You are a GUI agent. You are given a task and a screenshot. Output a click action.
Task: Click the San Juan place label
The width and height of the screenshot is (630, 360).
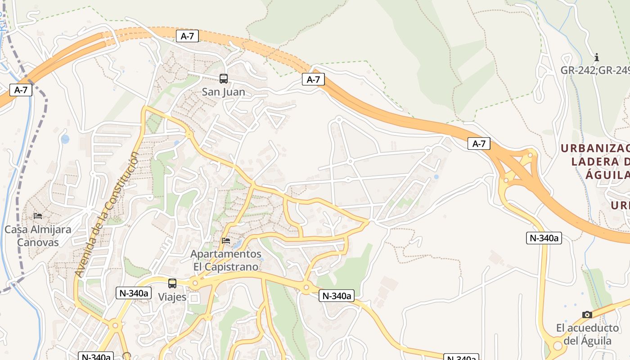tap(224, 92)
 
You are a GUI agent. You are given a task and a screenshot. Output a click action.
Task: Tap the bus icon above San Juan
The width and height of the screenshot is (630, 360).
tap(224, 79)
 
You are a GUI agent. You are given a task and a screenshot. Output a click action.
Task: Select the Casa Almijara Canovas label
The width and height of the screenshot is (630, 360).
tap(38, 236)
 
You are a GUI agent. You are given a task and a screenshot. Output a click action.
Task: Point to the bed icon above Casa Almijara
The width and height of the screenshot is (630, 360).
tap(38, 216)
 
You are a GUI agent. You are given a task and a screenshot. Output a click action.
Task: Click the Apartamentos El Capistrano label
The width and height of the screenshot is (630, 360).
tap(226, 260)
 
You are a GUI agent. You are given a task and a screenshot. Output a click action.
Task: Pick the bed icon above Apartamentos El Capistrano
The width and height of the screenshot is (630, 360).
tap(226, 241)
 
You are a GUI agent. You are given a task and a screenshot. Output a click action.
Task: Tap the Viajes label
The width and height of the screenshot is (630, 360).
tap(172, 297)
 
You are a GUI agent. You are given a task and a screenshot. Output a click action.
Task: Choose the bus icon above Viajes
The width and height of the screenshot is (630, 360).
tap(172, 283)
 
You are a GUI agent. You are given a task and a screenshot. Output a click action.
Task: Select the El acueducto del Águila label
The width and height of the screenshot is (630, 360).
tap(587, 334)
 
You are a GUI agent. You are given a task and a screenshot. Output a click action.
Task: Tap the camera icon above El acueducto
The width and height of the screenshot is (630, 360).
tap(587, 315)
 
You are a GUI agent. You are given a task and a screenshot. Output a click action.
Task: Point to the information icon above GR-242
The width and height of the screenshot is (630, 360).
tap(597, 58)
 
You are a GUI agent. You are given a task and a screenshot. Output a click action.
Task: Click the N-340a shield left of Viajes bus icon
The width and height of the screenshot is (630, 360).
tap(133, 293)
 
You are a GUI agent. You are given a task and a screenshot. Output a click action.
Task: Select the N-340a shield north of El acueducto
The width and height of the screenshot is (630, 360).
tap(544, 238)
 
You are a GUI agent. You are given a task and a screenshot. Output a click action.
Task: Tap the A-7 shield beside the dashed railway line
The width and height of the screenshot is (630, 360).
tap(21, 90)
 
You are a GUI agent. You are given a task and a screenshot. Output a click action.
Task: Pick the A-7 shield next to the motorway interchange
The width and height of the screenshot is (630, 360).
tap(479, 144)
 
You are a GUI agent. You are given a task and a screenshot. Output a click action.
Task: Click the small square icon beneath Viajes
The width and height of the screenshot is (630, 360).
tap(194, 298)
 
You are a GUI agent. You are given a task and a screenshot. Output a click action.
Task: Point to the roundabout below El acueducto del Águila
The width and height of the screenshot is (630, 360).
tap(558, 346)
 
